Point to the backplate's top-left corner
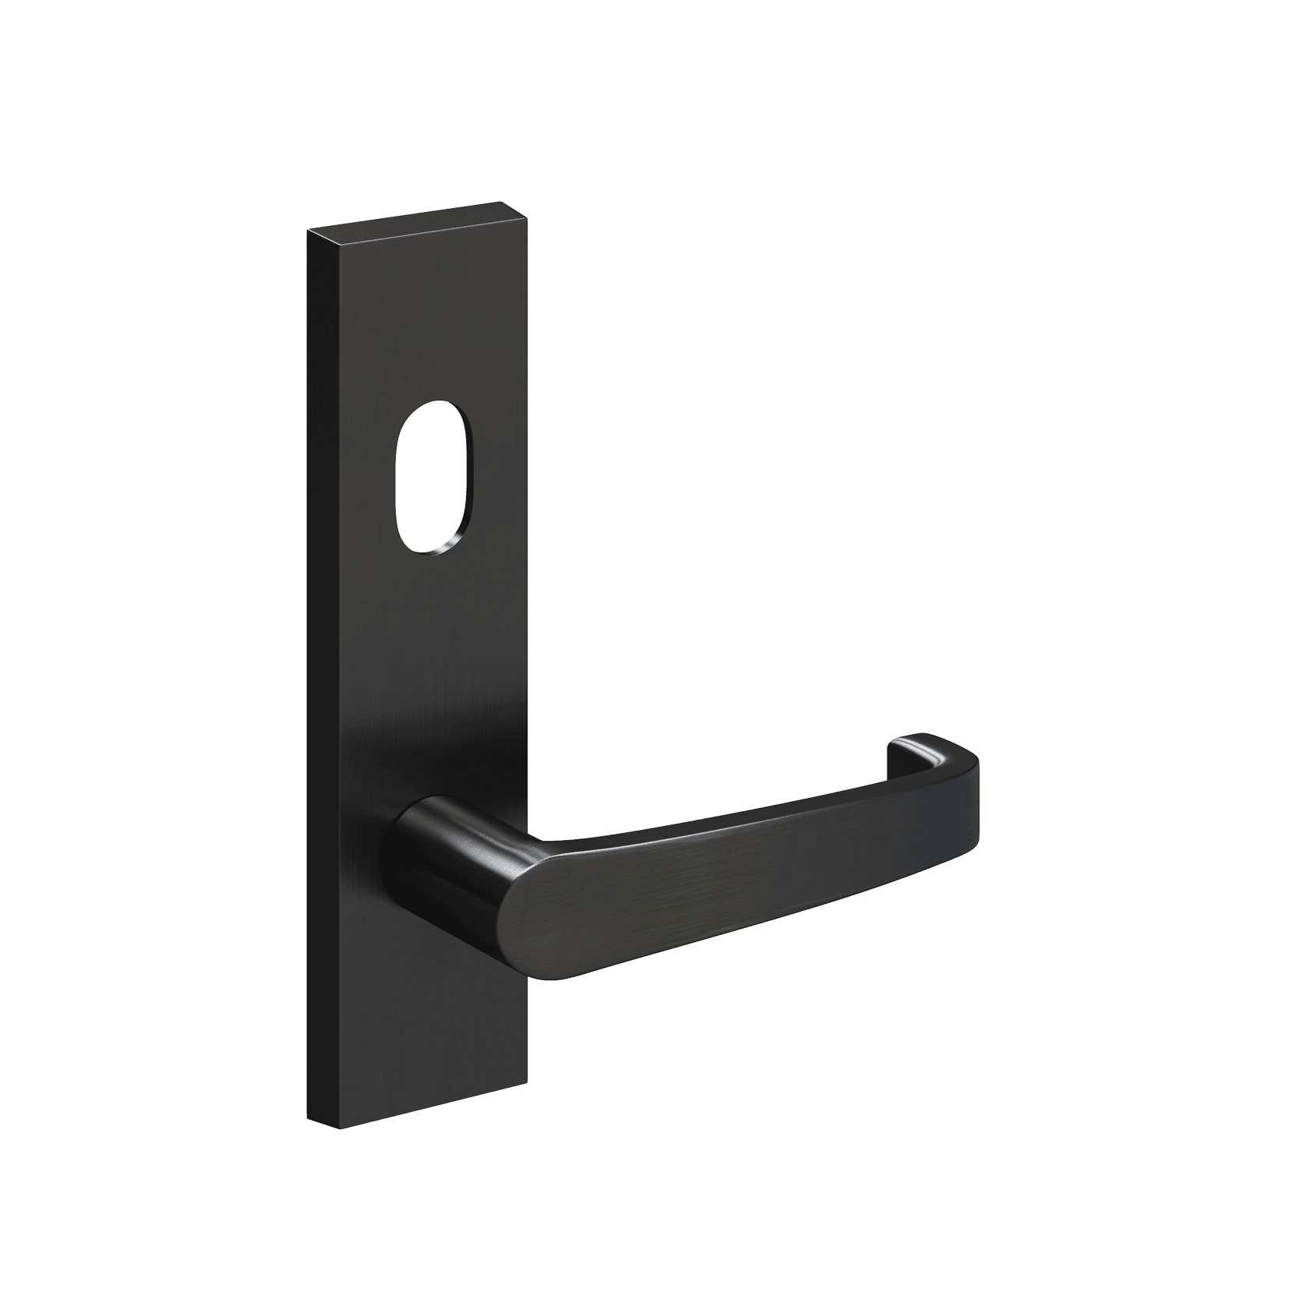click(309, 231)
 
